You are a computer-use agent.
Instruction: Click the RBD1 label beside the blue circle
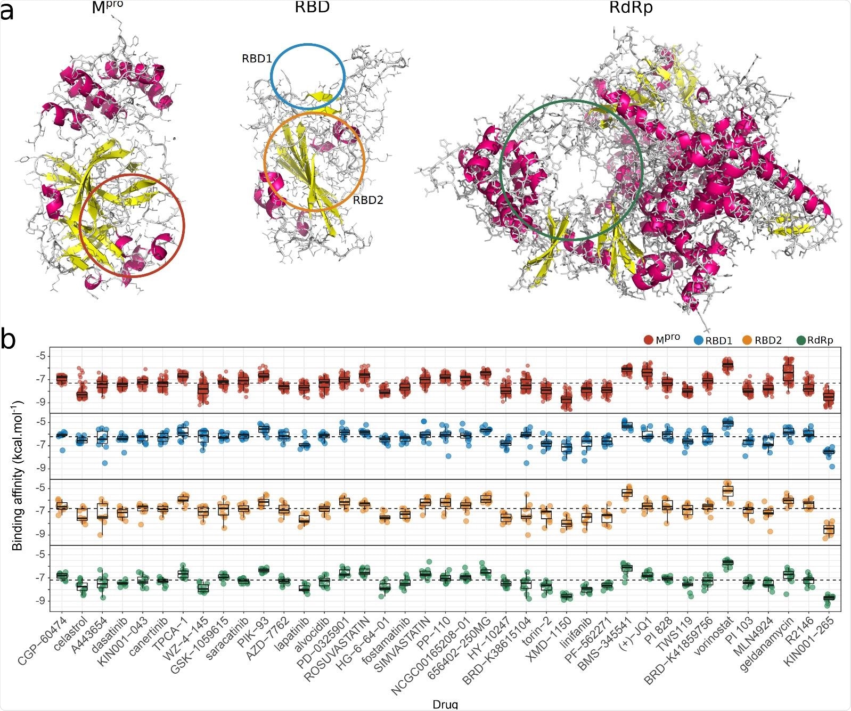[x=257, y=59]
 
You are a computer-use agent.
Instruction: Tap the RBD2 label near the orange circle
[x=368, y=200]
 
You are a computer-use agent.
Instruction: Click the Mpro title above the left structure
[x=110, y=9]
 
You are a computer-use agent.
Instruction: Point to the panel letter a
[x=7, y=12]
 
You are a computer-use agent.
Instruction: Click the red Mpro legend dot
[x=648, y=340]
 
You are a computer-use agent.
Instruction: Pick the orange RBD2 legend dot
[x=750, y=340]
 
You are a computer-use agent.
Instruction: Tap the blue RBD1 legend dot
[x=699, y=340]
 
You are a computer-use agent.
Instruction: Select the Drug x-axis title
[x=445, y=704]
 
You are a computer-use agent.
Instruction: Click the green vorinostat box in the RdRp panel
[x=727, y=562]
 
